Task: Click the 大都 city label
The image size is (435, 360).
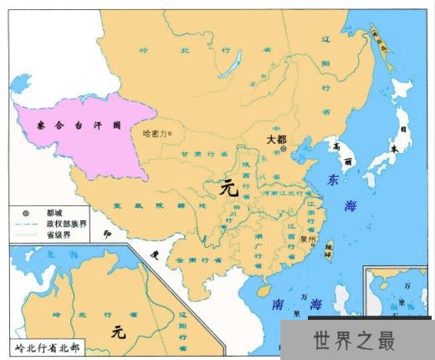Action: (x=277, y=140)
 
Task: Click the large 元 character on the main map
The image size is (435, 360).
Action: (x=228, y=189)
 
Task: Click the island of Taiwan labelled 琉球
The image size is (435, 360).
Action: (x=327, y=249)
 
